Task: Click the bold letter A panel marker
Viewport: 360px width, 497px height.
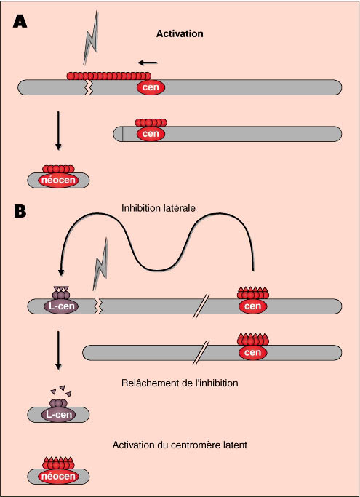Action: (x=20, y=22)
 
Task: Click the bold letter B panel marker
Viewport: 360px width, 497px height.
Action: (x=20, y=212)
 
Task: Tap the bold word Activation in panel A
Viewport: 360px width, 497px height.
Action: (x=180, y=33)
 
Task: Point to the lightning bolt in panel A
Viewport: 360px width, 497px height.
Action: (x=91, y=38)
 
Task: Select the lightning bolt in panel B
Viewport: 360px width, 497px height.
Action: (x=100, y=265)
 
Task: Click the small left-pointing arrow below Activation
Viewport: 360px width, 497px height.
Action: (x=148, y=63)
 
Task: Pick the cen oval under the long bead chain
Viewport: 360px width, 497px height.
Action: (x=151, y=87)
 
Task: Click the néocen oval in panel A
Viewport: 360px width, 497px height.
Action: (x=58, y=180)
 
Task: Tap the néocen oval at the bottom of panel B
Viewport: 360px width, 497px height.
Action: (x=58, y=477)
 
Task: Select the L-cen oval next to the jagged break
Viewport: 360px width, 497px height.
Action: (x=60, y=306)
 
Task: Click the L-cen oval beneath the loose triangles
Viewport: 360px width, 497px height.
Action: (x=59, y=415)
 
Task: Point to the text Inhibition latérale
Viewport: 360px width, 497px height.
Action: (x=158, y=208)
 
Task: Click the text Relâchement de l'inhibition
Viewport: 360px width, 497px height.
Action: (x=180, y=383)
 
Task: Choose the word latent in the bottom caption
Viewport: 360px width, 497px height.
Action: (x=235, y=445)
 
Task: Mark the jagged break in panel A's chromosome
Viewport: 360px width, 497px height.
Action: (x=89, y=87)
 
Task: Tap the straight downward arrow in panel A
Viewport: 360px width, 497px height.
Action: (x=58, y=130)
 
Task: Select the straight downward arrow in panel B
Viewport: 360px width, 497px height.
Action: (x=58, y=350)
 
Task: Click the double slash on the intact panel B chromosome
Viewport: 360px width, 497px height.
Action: (x=205, y=353)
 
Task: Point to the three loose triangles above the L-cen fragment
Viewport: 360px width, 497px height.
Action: (x=61, y=391)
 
